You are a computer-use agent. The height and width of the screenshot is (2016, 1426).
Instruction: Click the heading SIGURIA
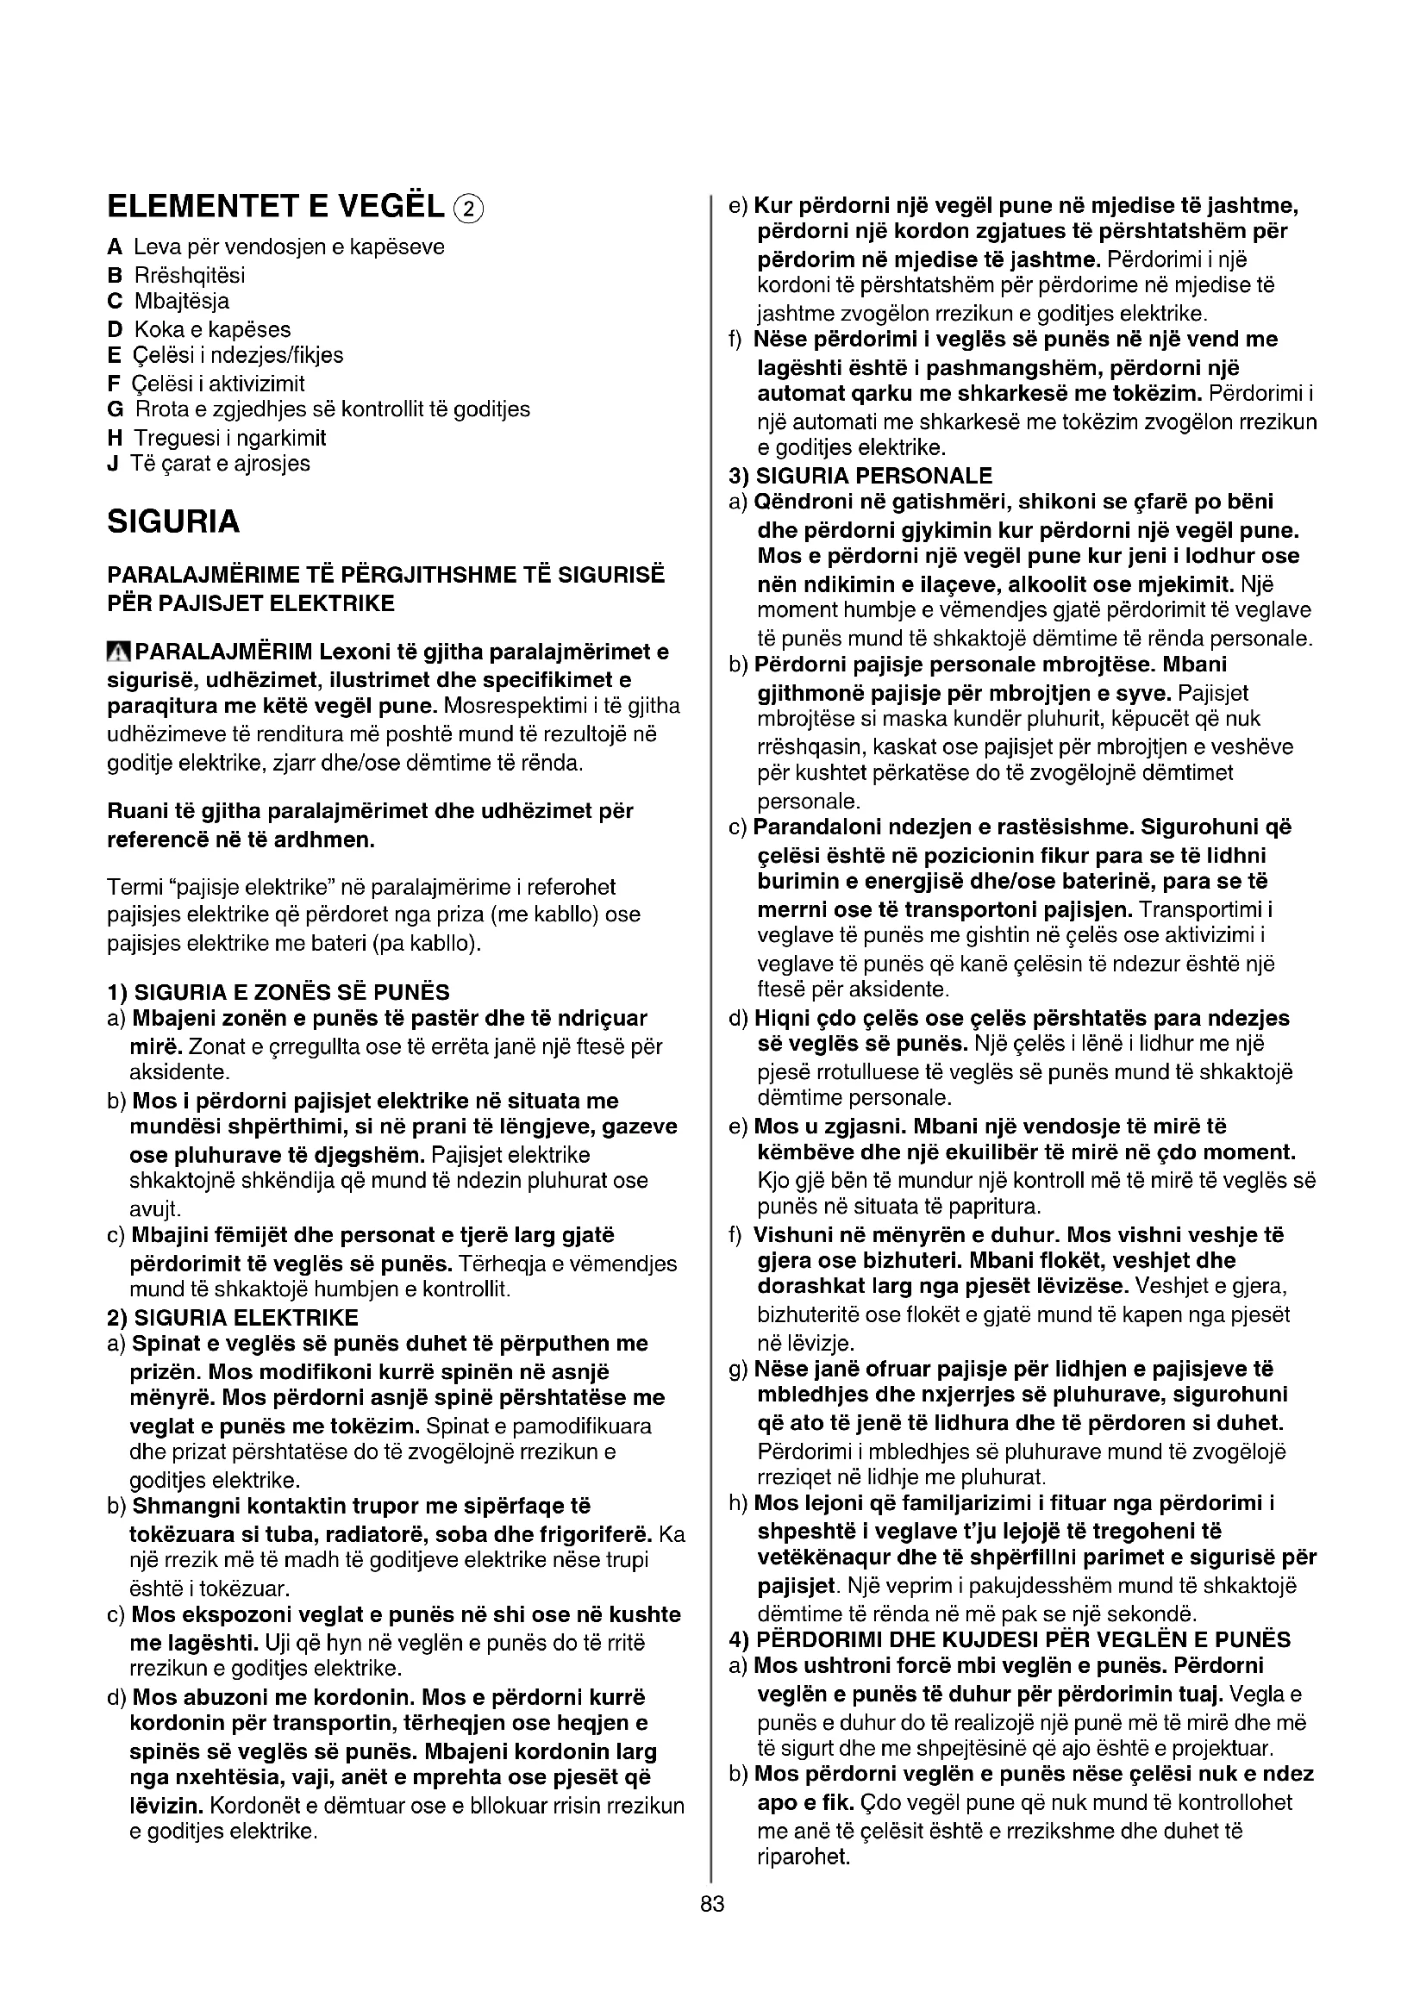[173, 521]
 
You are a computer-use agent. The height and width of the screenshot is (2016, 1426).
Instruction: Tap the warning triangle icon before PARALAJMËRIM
[118, 652]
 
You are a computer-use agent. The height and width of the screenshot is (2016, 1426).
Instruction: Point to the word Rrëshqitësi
[189, 275]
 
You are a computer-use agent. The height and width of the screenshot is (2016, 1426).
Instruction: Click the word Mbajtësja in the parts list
[182, 302]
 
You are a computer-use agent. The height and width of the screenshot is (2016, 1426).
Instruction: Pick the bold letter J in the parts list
[112, 465]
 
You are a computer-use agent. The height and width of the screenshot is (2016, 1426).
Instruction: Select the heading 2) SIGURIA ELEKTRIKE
[233, 1317]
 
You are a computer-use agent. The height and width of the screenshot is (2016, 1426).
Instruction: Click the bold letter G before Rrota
[115, 410]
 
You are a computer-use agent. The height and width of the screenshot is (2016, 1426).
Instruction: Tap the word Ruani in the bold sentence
[133, 810]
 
